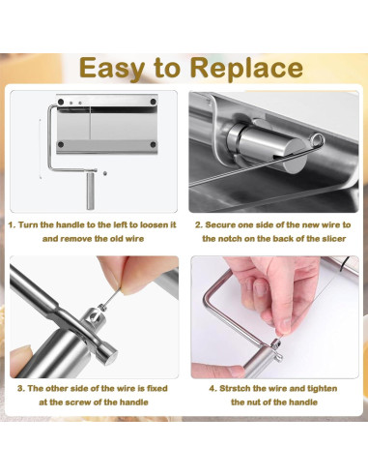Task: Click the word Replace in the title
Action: [246, 68]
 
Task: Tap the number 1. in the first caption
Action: [12, 224]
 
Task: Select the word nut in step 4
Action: [254, 402]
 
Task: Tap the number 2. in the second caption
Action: [199, 224]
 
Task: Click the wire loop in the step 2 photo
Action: [317, 140]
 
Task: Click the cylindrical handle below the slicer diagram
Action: [90, 191]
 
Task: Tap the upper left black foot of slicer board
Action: [61, 102]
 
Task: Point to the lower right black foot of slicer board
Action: [154, 144]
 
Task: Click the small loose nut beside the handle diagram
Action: [104, 173]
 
